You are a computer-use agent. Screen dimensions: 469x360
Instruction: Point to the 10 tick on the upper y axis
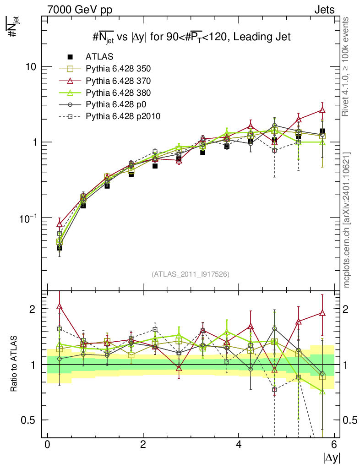[x=31, y=66]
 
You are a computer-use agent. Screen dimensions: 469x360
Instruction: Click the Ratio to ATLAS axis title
[x=15, y=364]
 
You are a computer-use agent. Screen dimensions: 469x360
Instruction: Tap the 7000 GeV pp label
[x=80, y=9]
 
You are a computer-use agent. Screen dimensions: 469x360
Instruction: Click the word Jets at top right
[x=324, y=9]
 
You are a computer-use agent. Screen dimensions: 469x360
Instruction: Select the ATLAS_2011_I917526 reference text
[x=191, y=274]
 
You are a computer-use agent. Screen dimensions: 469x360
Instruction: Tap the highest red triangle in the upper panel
[x=322, y=110]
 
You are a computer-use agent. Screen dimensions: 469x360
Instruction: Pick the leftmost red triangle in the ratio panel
[x=60, y=306]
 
